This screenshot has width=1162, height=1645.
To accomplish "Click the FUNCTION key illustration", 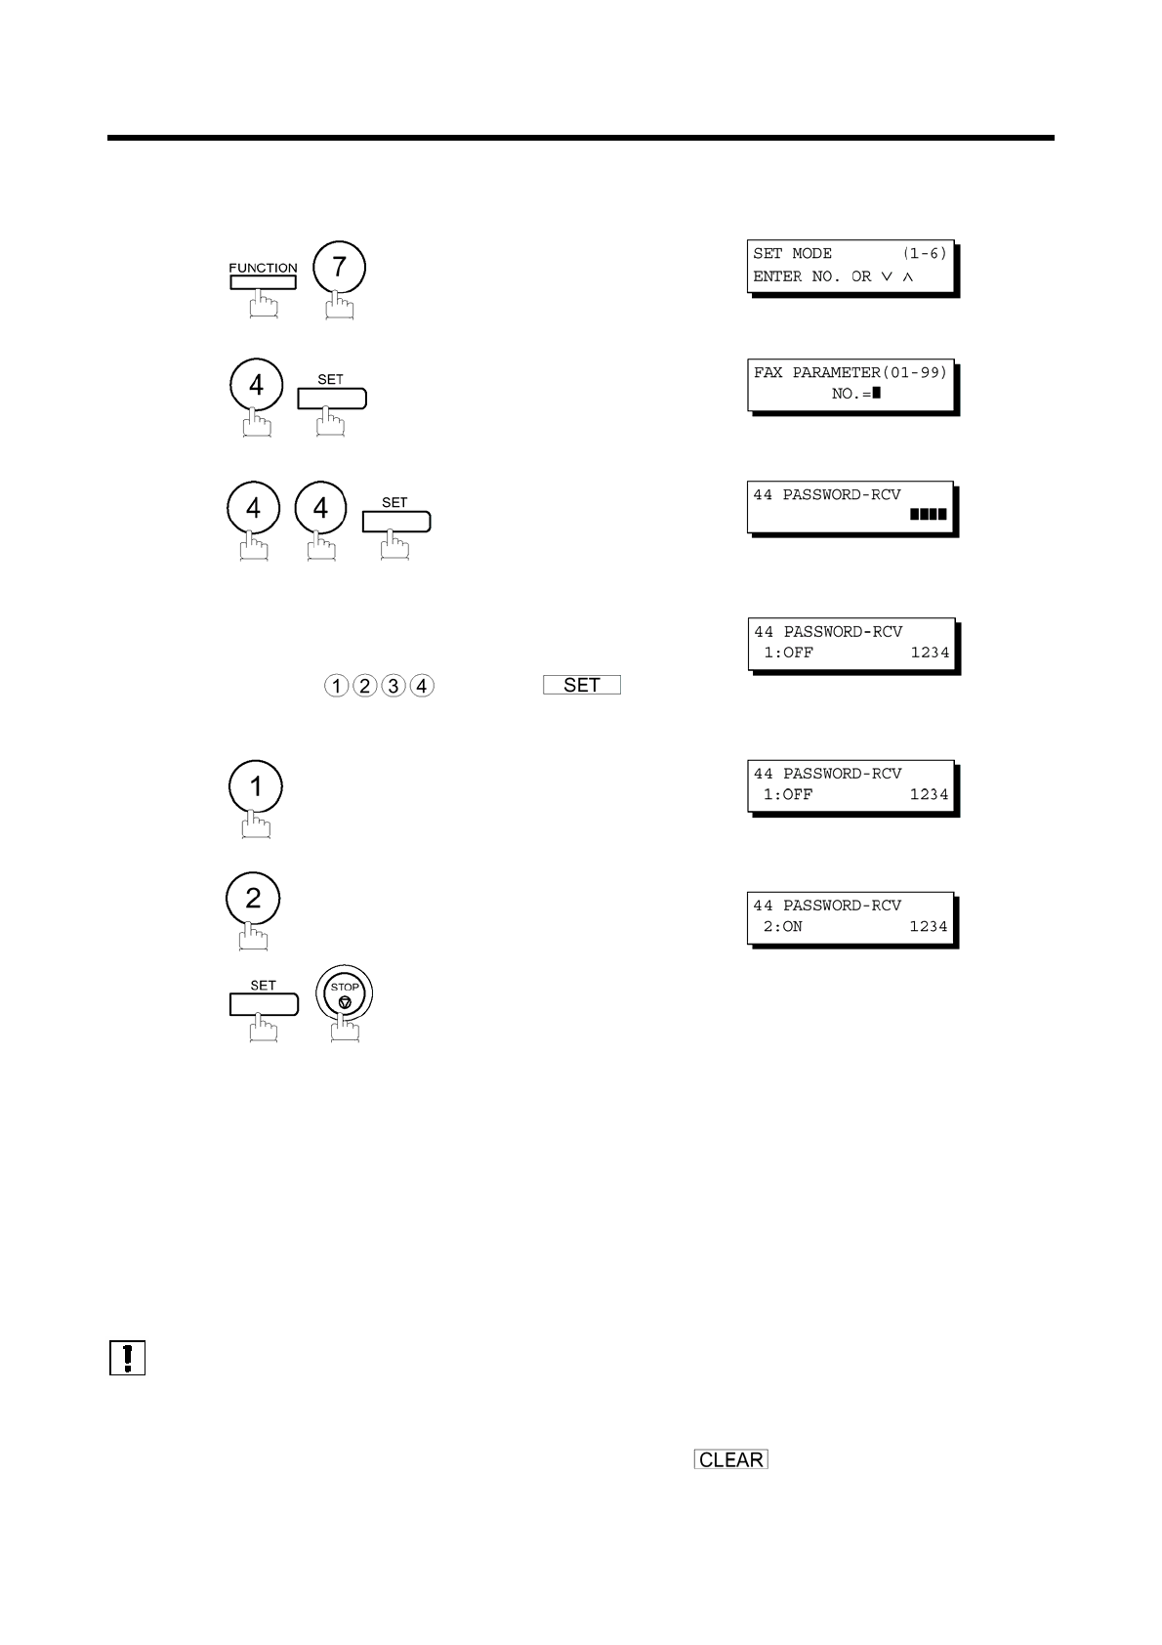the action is pos(263,282).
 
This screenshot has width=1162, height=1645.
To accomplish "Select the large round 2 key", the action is pos(252,899).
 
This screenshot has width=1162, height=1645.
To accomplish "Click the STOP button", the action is pos(344,997).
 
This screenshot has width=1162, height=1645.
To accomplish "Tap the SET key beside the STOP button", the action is pos(263,1003).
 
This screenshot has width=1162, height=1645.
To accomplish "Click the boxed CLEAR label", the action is pos(731,1459).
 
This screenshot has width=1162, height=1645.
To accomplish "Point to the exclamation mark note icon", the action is pos(128,1358).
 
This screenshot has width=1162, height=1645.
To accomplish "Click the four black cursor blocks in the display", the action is pos(928,514).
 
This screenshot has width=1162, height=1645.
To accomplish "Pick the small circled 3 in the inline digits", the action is pos(393,686).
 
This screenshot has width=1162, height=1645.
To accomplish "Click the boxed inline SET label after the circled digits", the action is pos(582,685).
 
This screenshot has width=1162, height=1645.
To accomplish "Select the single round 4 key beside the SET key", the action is pos(256,385).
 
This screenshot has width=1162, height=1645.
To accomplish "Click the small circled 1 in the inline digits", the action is pos(336,686).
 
